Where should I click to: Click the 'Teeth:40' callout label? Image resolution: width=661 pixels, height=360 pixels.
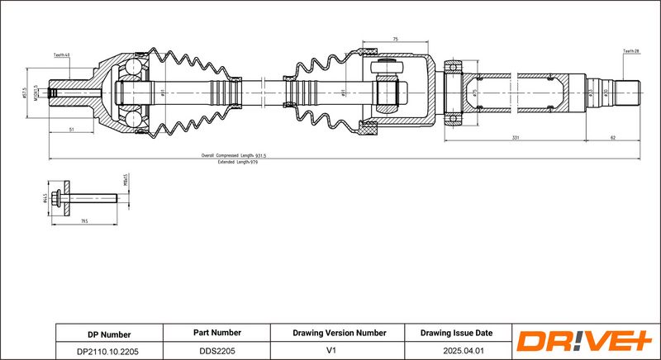pyautogui.click(x=62, y=54)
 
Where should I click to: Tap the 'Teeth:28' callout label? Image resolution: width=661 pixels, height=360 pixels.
pyautogui.click(x=630, y=51)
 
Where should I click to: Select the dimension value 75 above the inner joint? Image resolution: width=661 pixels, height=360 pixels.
pyautogui.click(x=395, y=39)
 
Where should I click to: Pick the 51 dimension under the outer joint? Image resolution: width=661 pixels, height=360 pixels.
pyautogui.click(x=72, y=130)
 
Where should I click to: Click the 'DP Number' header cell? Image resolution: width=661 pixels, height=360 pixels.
pyautogui.click(x=109, y=334)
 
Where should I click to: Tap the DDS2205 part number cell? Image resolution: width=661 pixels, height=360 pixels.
pyautogui.click(x=217, y=350)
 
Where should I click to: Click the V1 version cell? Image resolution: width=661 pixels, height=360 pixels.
pyautogui.click(x=339, y=350)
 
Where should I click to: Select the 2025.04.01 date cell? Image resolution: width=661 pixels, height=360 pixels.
pyautogui.click(x=455, y=350)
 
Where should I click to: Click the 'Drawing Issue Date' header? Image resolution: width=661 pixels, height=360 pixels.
pyautogui.click(x=455, y=334)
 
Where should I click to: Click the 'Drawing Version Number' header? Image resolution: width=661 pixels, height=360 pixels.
pyautogui.click(x=339, y=334)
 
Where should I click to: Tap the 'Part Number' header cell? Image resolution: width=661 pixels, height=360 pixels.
pyautogui.click(x=217, y=334)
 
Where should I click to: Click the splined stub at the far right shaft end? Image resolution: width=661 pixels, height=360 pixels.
pyautogui.click(x=629, y=91)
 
